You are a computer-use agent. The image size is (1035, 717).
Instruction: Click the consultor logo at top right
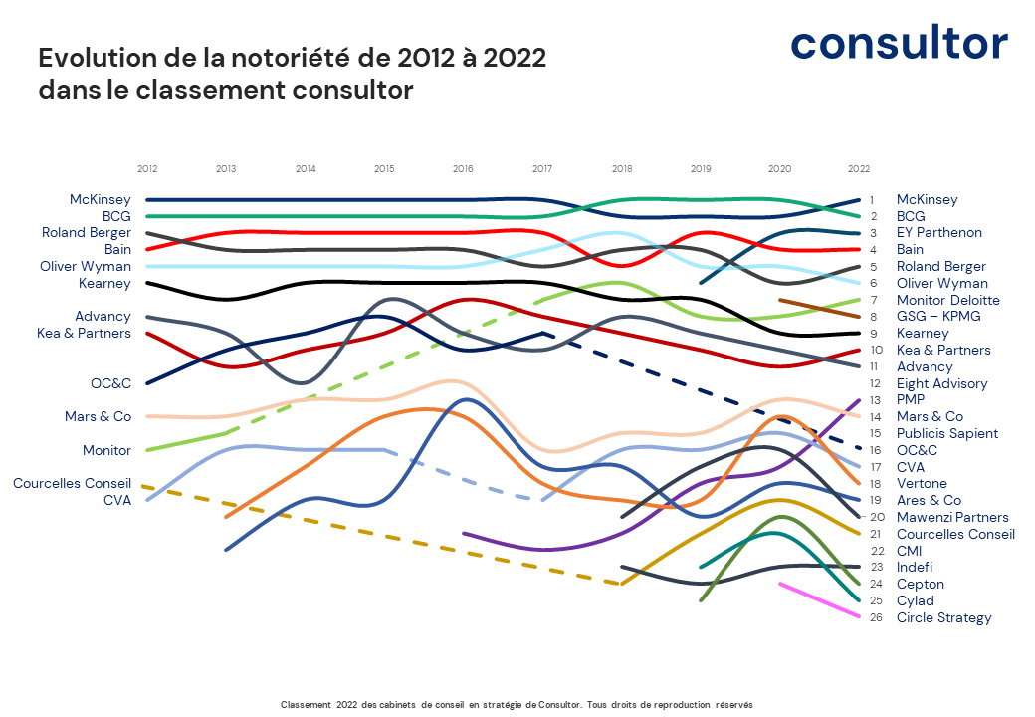[899, 43]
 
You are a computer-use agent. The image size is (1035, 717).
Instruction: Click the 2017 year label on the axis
[542, 169]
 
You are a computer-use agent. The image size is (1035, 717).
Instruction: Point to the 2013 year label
[226, 169]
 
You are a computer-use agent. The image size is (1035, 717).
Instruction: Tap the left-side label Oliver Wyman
[86, 266]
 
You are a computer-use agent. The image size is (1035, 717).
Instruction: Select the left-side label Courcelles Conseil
[72, 483]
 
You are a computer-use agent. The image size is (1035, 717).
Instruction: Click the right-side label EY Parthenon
[938, 232]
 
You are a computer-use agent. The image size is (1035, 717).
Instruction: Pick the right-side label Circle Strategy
[943, 617]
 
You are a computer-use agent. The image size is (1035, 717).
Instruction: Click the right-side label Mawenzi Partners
[952, 517]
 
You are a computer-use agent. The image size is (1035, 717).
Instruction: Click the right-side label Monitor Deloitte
[947, 300]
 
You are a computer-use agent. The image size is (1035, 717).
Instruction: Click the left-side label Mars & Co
[98, 416]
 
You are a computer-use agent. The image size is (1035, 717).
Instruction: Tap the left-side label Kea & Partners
[84, 333]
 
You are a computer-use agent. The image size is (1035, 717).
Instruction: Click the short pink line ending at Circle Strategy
[819, 599]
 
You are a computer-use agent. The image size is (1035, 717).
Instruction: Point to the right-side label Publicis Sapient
[946, 433]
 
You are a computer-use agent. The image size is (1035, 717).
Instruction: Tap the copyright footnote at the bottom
[517, 704]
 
